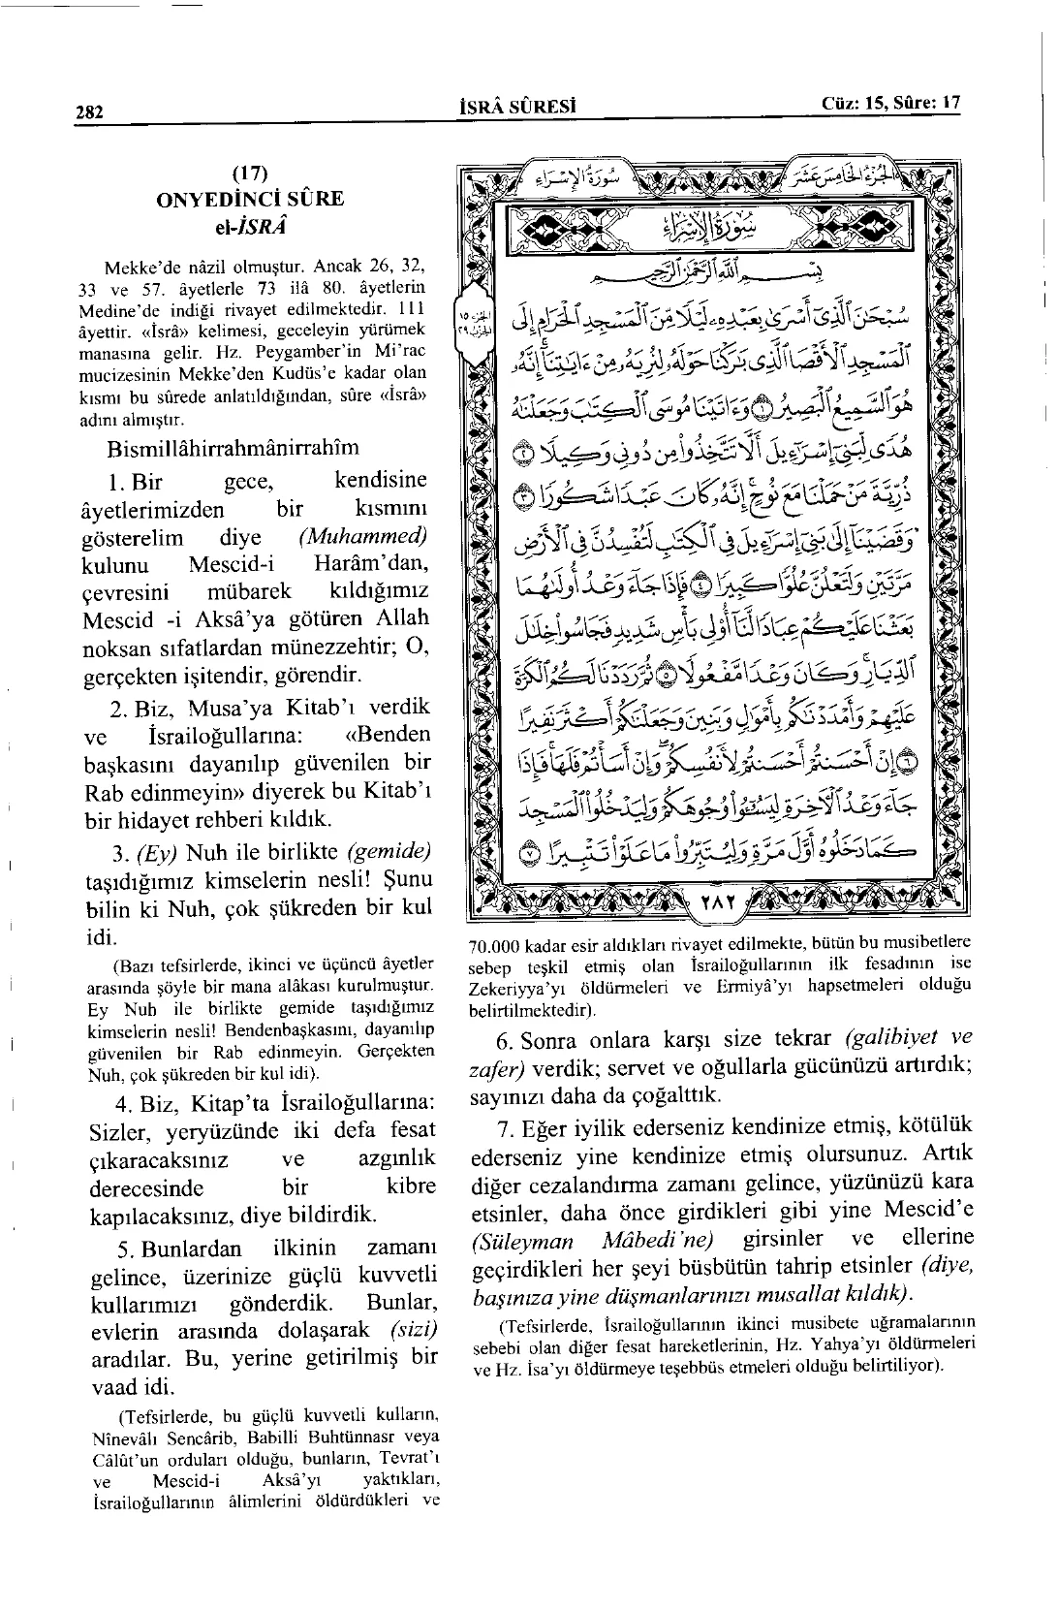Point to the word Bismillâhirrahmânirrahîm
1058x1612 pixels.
tap(233, 447)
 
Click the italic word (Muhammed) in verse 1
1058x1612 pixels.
tap(363, 537)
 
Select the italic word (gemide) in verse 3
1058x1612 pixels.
tap(388, 852)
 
